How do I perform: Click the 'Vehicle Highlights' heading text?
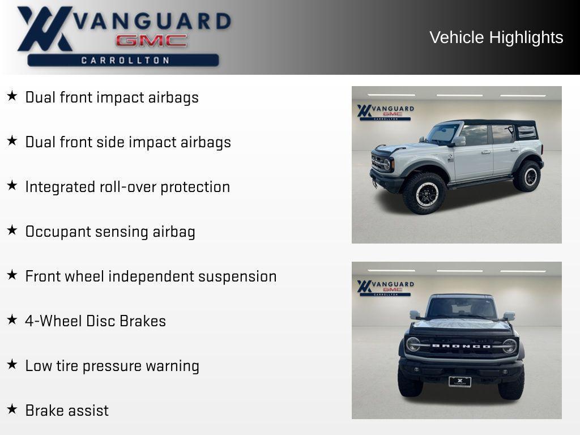[496, 38]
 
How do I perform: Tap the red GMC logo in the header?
[151, 40]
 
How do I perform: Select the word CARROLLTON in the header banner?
[125, 60]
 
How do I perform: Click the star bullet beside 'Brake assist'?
[12, 409]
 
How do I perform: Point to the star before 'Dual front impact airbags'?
[12, 96]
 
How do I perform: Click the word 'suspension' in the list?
[237, 276]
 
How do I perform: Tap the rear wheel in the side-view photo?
[527, 176]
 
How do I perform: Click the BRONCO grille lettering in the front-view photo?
[461, 346]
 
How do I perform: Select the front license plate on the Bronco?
[460, 381]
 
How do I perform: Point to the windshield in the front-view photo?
[461, 308]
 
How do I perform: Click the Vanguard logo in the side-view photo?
[385, 113]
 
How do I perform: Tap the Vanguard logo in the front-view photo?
[385, 288]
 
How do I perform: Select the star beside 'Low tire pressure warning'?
[12, 364]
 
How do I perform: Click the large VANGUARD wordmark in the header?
[152, 22]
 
